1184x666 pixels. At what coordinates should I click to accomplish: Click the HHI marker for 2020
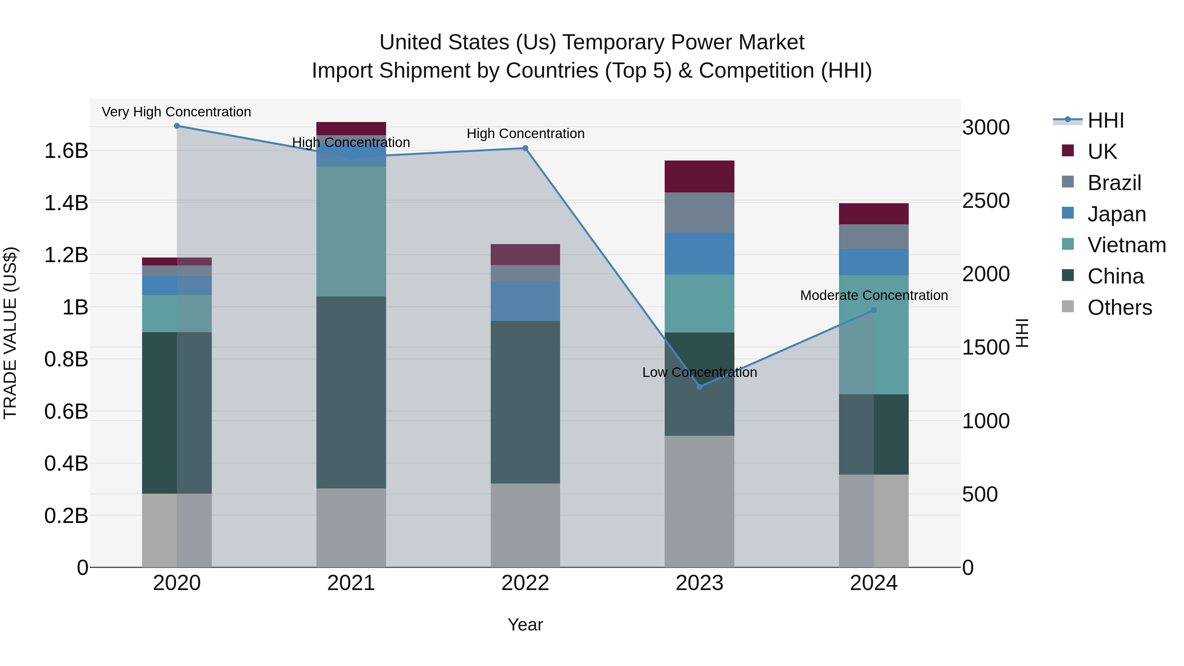(177, 126)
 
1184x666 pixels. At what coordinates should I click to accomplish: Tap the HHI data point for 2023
(700, 387)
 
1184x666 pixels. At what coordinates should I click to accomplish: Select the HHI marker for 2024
(874, 310)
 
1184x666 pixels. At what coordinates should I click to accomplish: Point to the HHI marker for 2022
(525, 148)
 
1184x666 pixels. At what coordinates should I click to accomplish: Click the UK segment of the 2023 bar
(700, 177)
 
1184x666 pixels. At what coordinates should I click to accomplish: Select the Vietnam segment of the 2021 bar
(351, 231)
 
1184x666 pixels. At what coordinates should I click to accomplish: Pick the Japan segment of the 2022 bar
(525, 301)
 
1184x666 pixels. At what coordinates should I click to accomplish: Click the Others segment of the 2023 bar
(700, 501)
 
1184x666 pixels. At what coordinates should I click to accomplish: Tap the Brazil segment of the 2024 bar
(874, 237)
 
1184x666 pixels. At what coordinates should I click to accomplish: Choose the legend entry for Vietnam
(1126, 245)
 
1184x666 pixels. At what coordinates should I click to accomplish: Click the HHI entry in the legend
(1105, 120)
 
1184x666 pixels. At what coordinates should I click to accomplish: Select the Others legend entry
(1119, 308)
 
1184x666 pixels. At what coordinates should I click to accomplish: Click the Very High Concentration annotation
(177, 112)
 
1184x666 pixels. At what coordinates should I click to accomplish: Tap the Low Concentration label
(700, 372)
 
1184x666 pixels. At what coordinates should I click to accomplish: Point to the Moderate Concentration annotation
(874, 296)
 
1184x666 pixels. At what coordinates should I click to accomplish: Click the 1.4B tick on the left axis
(66, 203)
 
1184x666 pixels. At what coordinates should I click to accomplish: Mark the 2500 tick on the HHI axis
(986, 201)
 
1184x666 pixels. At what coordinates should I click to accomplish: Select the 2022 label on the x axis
(525, 583)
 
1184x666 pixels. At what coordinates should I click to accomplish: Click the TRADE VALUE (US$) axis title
(10, 333)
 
